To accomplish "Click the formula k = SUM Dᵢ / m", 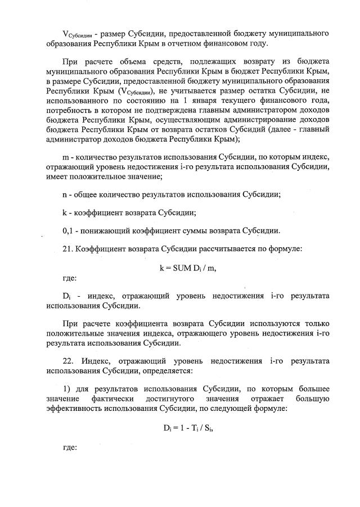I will pyautogui.click(x=188, y=268).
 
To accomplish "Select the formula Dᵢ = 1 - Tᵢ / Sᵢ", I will pyautogui.click(x=188, y=427).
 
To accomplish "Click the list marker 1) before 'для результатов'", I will pyautogui.click(x=66, y=388).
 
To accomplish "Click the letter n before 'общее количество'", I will pyautogui.click(x=65, y=194).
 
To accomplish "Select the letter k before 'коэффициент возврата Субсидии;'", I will pyautogui.click(x=65, y=212).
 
